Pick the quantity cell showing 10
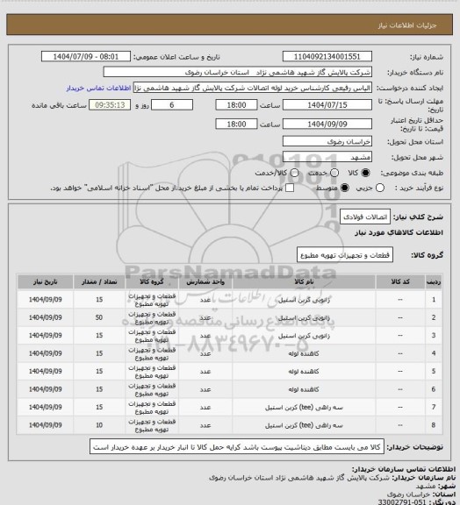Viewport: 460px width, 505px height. [x=99, y=426]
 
